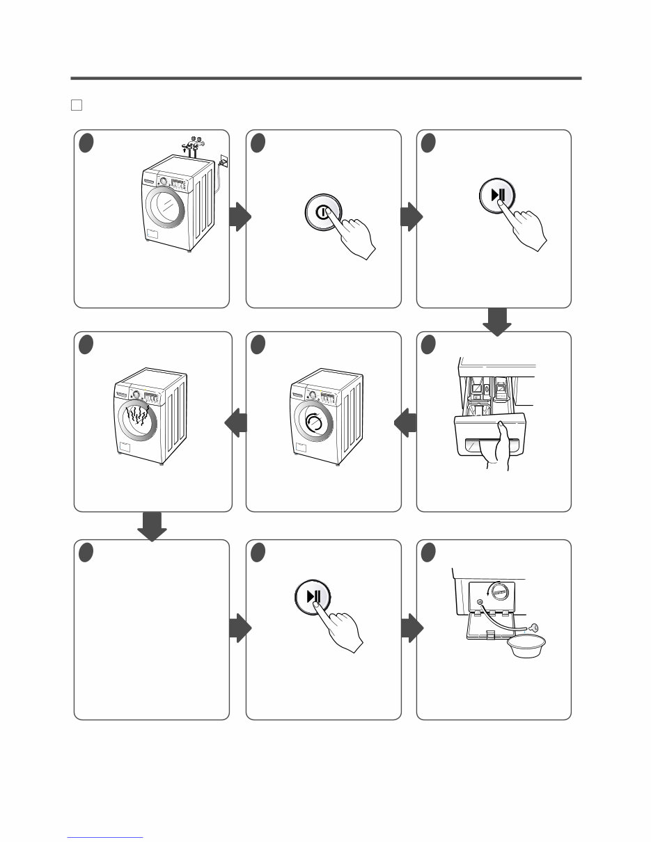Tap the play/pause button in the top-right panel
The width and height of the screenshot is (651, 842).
coord(497,194)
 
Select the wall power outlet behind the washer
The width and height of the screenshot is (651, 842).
coord(222,161)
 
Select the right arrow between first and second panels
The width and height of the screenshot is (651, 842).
coord(239,218)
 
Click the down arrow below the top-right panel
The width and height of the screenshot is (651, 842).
coord(496,320)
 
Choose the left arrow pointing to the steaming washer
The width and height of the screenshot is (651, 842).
coord(237,423)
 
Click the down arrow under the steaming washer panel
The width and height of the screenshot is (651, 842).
coord(152,526)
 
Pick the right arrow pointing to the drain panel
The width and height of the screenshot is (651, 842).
coord(411,630)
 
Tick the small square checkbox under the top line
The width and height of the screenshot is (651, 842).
coord(77,105)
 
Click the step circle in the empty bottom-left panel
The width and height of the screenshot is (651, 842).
coord(86,552)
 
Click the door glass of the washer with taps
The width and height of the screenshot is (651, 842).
coord(166,208)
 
